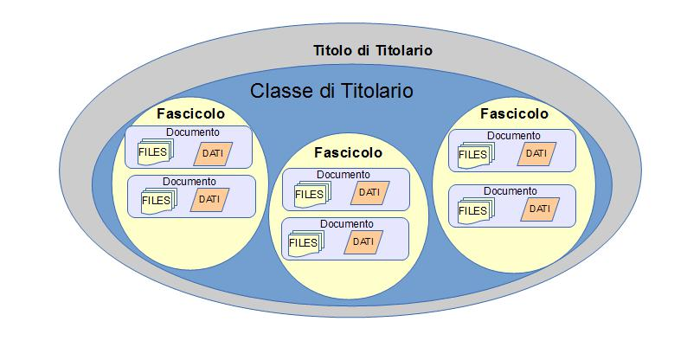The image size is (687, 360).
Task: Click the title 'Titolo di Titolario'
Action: tap(372, 51)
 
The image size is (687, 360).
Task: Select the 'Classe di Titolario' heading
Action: tap(331, 89)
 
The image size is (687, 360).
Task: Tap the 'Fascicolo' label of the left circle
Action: tap(190, 114)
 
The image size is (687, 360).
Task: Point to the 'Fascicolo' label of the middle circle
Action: tap(348, 151)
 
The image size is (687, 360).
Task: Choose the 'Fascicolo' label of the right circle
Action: tap(514, 114)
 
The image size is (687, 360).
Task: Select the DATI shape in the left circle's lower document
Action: tap(209, 199)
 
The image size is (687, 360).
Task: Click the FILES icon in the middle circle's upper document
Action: tap(311, 195)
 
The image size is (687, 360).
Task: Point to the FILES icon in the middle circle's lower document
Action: tap(305, 243)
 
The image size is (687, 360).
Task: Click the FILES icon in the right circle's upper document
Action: tap(474, 155)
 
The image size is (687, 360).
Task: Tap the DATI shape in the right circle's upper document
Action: tap(537, 154)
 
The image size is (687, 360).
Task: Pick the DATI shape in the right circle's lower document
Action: tap(539, 209)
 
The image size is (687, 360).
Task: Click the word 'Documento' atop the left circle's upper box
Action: tap(192, 133)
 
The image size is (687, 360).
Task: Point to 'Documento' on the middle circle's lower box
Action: tap(345, 224)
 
